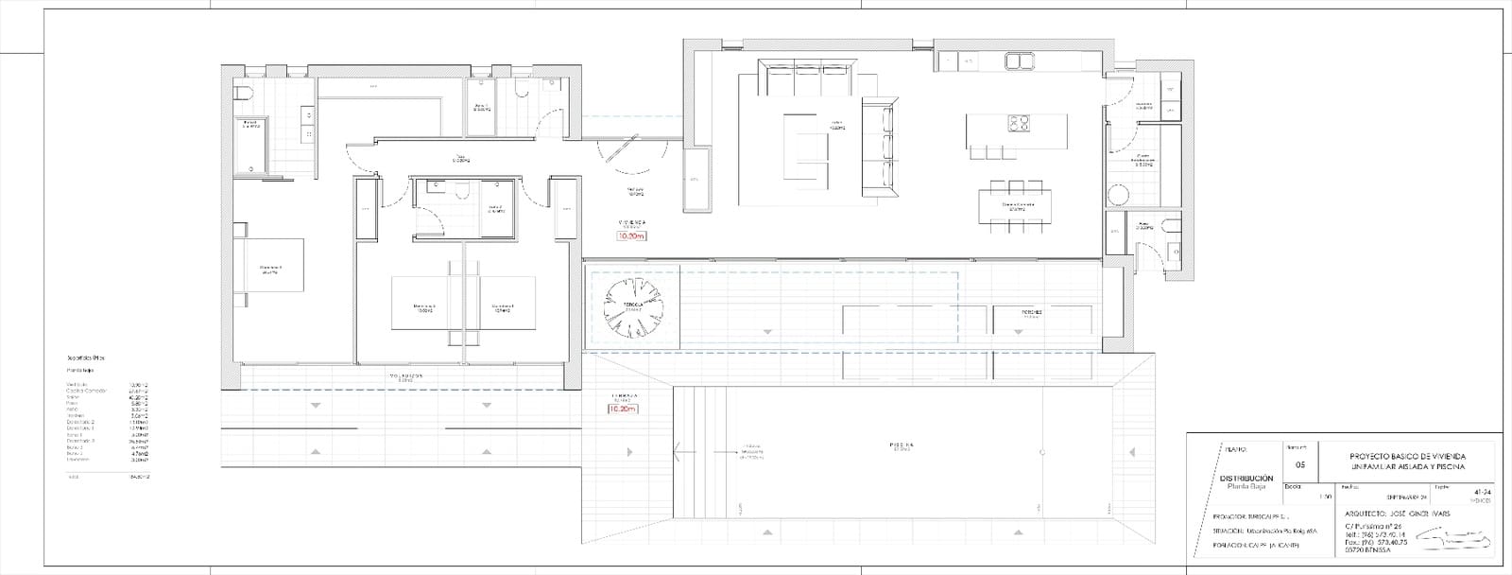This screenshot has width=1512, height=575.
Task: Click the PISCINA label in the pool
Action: point(900,443)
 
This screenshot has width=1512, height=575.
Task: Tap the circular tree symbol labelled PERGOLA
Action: point(634,309)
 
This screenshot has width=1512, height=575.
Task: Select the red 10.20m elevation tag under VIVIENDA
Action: point(629,236)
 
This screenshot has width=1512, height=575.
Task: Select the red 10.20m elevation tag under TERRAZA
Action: point(623,409)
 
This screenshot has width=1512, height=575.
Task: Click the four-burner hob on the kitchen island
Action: point(1018,123)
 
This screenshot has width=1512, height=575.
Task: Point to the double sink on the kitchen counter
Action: point(1019,61)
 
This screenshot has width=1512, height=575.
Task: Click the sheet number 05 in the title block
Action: point(1299,465)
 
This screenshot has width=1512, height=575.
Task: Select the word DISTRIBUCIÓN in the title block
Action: point(1247,479)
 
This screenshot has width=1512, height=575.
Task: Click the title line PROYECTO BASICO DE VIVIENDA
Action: point(1407,457)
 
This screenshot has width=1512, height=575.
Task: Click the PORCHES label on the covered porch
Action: point(1031,311)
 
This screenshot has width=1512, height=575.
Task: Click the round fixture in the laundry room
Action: point(1118,196)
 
